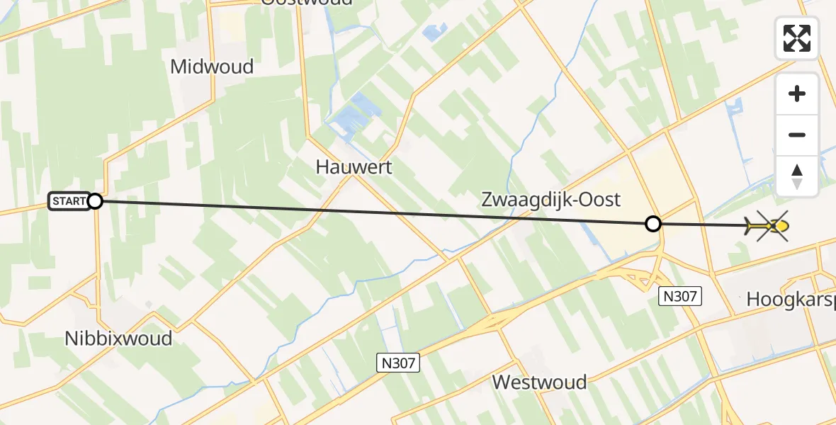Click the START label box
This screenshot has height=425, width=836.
pyautogui.click(x=68, y=202)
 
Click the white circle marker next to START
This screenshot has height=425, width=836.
pyautogui.click(x=95, y=202)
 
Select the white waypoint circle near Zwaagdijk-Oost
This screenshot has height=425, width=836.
pyautogui.click(x=653, y=225)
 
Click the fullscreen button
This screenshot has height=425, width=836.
pyautogui.click(x=797, y=38)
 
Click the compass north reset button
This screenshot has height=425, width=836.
pyautogui.click(x=797, y=176)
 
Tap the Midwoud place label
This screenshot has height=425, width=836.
pyautogui.click(x=212, y=67)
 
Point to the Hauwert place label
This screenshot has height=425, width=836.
pyautogui.click(x=354, y=167)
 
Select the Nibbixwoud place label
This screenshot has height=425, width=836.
pyautogui.click(x=118, y=338)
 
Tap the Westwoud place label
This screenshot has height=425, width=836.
pyautogui.click(x=539, y=382)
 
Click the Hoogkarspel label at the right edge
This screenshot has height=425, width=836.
pyautogui.click(x=791, y=300)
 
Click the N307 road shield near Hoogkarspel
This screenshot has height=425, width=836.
pyautogui.click(x=680, y=296)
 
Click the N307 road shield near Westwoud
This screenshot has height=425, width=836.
pyautogui.click(x=397, y=363)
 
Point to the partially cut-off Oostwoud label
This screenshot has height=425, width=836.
pyautogui.click(x=306, y=2)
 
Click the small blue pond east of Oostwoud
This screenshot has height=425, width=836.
pyautogui.click(x=434, y=31)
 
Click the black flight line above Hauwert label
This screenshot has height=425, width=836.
pyautogui.click(x=354, y=212)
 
